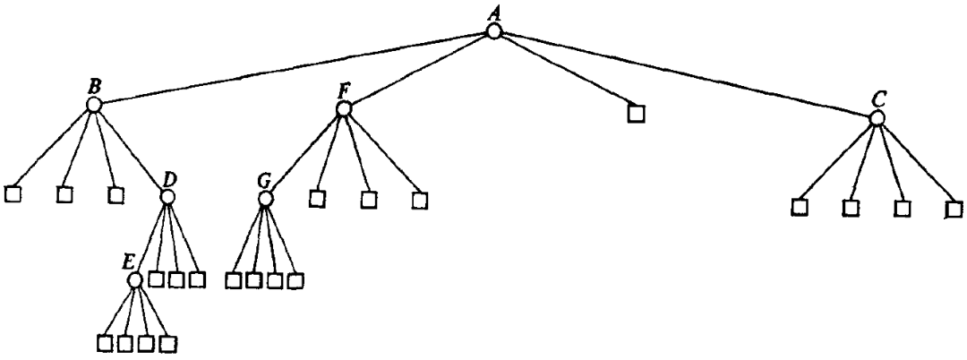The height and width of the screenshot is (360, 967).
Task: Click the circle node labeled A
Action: pos(493,31)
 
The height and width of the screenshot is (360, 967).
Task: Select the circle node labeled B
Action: pos(94,105)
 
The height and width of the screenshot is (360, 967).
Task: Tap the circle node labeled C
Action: pos(878,117)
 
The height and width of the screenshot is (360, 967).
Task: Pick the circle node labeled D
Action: pos(167,196)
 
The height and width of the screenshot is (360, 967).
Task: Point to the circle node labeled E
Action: pos(135,280)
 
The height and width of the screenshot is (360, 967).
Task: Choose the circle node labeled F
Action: pos(343,108)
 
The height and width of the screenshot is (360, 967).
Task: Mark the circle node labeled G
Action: pos(265,198)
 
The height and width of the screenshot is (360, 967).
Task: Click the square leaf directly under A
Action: pos(635,114)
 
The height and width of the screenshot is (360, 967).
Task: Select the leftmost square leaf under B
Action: pos(13,193)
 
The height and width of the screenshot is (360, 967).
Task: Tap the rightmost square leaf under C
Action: pos(954,210)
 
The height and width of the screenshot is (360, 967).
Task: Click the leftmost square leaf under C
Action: pos(800,208)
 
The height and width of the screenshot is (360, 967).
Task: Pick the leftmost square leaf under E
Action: pos(104,342)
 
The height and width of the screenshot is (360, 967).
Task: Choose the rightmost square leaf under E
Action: pos(167,342)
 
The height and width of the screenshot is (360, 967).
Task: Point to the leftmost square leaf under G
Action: pos(233,280)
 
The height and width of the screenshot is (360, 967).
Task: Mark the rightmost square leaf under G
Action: pos(295,280)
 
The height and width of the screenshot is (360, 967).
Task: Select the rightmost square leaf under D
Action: pos(197,279)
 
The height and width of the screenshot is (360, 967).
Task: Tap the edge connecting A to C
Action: pos(685,74)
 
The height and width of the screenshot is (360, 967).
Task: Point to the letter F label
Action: pos(343,90)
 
